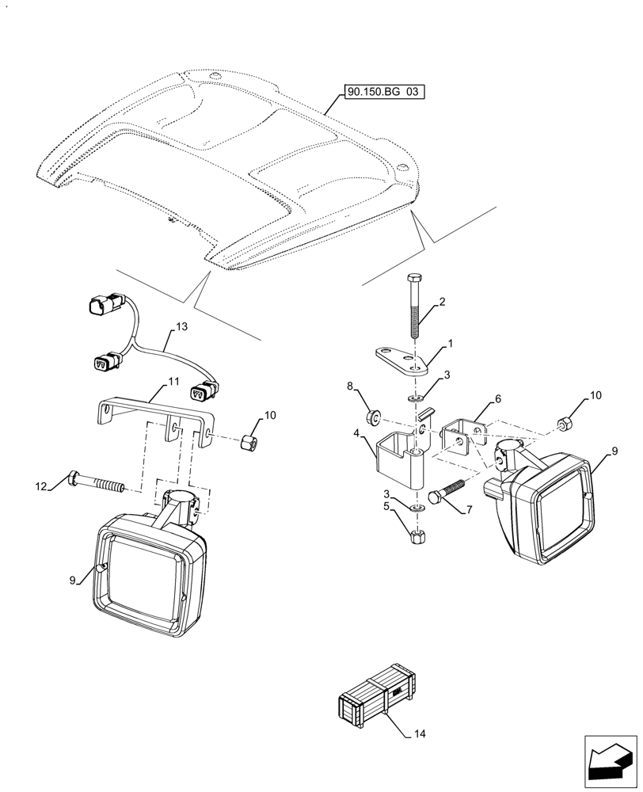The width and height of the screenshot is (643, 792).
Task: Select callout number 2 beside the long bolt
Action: coord(442,303)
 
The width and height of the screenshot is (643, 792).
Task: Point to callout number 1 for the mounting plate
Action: coord(451,344)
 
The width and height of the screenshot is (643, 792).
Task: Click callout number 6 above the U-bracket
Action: coord(498,400)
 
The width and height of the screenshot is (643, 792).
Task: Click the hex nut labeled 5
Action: coord(419,535)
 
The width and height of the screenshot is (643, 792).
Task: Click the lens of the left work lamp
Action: coord(150,578)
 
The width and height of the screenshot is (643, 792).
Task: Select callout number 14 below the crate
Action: coord(420,734)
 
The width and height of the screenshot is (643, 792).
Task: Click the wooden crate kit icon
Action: coord(377,694)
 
